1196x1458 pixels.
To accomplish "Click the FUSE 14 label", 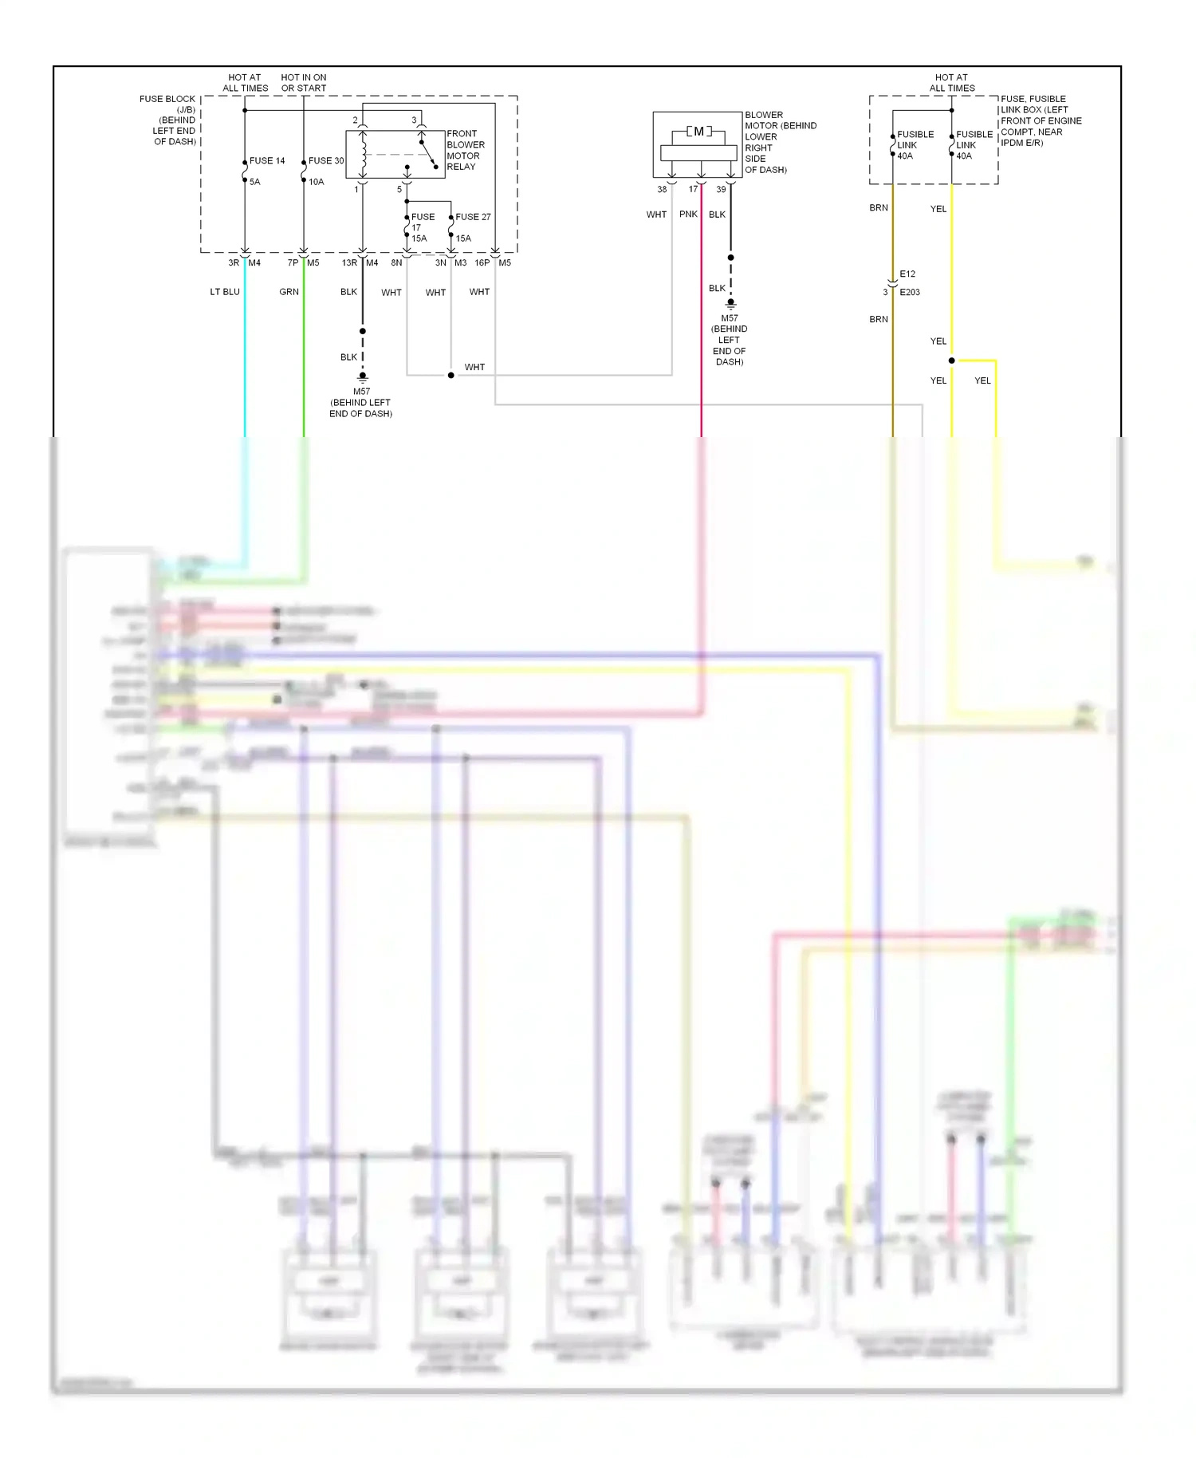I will [266, 161].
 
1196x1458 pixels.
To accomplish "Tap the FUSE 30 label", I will [325, 161].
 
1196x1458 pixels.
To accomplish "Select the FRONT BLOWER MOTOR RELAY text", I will [465, 150].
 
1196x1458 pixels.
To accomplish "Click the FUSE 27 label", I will [473, 217].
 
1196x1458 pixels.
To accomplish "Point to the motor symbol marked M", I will [698, 132].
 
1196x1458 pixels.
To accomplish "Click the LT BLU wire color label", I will [225, 292].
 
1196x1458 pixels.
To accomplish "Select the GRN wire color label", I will [289, 292].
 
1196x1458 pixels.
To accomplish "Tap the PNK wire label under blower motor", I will [688, 215].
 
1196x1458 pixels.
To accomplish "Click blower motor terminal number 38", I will [662, 190].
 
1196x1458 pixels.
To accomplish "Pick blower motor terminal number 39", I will [721, 190].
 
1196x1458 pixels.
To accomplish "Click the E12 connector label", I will [907, 274].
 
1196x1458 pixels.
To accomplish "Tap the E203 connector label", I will [910, 293].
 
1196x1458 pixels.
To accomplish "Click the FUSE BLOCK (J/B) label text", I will [167, 104].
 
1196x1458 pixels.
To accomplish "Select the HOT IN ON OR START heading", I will [304, 83].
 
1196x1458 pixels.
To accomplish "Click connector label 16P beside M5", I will [482, 263].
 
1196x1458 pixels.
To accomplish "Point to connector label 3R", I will [234, 263].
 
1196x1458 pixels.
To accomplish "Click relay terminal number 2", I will [356, 120].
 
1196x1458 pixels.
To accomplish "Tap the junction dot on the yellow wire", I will [951, 361].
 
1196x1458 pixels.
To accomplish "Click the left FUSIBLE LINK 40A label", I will [915, 145].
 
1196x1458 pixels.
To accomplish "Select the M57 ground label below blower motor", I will [730, 318].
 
